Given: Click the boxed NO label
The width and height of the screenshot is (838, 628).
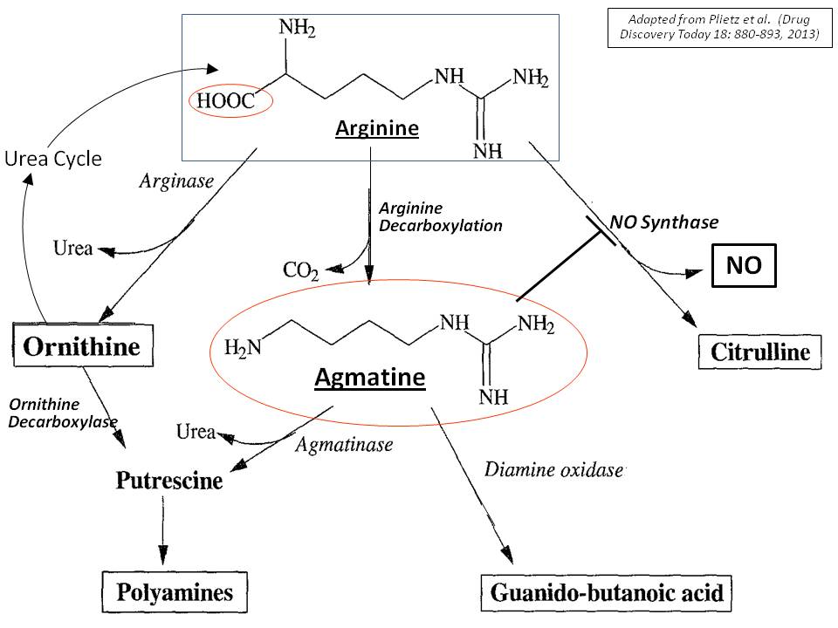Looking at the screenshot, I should (742, 266).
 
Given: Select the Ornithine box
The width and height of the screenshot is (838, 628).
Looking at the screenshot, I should (82, 347).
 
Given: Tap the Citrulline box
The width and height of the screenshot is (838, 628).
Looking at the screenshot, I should (760, 353).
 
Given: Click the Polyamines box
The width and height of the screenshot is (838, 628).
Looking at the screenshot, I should (175, 593).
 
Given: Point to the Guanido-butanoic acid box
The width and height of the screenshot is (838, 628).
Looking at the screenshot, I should (607, 594).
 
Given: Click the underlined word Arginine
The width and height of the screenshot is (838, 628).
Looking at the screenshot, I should (377, 129).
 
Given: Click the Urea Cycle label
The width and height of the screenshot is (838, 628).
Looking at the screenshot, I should (53, 159).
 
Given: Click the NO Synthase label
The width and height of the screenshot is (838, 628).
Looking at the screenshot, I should (664, 222).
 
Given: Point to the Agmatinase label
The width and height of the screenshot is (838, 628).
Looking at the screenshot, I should (344, 444).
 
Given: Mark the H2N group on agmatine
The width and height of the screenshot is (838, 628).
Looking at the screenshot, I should (244, 349).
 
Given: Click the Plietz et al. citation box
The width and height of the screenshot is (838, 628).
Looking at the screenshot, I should (714, 27).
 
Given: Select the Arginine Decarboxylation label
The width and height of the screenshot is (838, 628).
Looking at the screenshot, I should (440, 217).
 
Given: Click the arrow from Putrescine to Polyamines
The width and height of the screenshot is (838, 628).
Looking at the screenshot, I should (162, 528).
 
